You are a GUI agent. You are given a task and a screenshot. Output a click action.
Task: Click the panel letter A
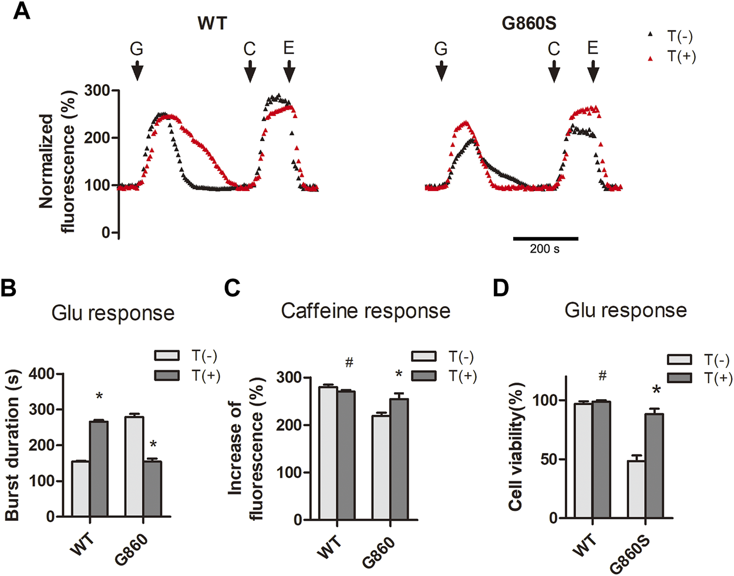point(22,11)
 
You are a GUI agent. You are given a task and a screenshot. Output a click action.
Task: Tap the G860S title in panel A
point(529,24)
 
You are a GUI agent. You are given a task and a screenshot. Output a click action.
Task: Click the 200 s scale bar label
point(544,249)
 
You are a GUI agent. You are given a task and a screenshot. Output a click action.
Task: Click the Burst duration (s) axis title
point(13,445)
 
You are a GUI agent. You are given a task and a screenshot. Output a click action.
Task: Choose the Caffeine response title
point(365,310)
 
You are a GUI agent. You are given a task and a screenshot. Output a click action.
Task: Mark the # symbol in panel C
point(349,363)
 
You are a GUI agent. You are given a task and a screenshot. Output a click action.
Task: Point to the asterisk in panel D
point(656,389)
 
